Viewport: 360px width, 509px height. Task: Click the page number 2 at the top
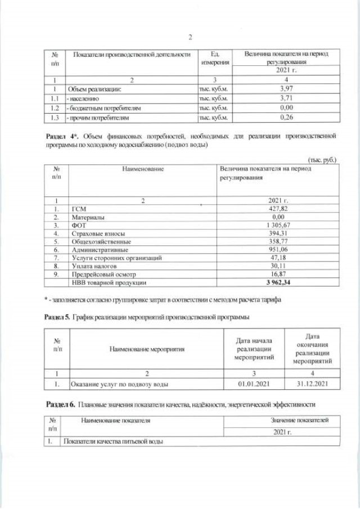[190, 37]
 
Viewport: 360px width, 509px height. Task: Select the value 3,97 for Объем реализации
[286, 89]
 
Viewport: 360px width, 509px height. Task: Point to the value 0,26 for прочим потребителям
[286, 118]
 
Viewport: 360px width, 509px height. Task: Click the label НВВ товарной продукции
[106, 283]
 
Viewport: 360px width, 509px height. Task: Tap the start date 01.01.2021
[254, 384]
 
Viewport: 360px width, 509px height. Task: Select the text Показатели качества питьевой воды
[113, 442]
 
